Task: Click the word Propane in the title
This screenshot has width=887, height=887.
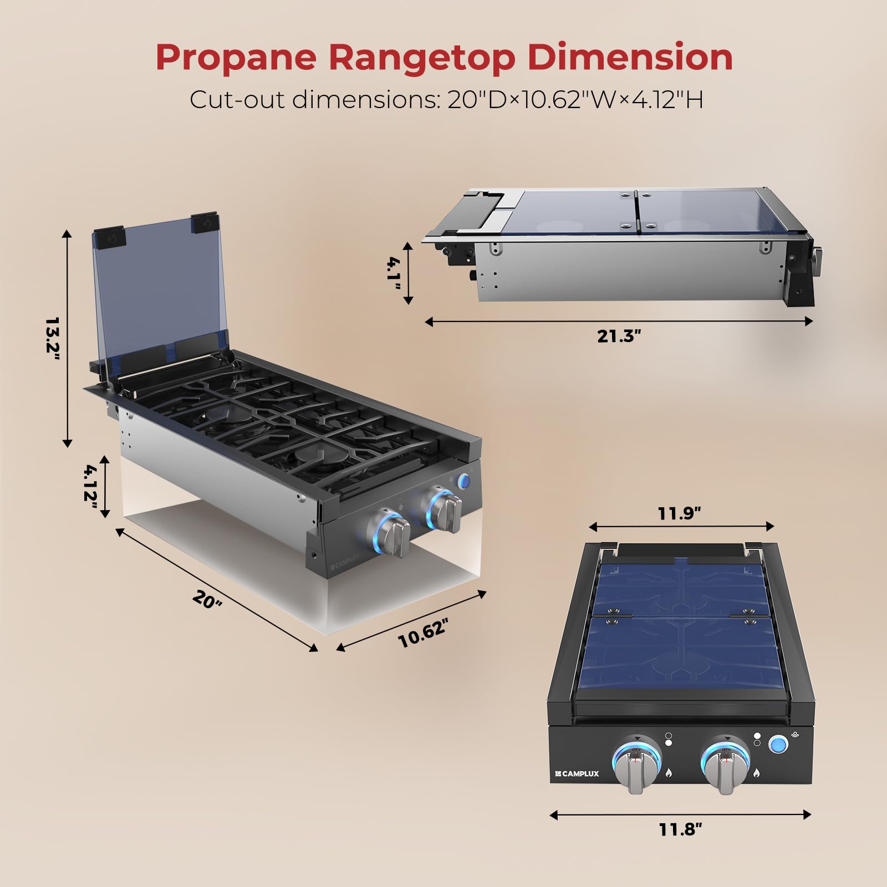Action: coord(236,58)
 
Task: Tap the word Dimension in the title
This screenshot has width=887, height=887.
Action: coord(630,57)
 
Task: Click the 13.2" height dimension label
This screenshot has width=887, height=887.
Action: coord(53,338)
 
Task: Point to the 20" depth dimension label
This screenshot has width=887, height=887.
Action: coord(207,599)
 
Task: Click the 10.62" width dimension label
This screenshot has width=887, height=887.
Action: coord(423,633)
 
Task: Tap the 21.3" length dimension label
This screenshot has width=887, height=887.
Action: coord(619,336)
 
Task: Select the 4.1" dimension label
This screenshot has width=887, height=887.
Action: coord(394,273)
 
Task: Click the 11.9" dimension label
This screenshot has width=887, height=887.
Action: coord(680,513)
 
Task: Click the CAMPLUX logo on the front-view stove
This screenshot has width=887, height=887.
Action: coord(578,773)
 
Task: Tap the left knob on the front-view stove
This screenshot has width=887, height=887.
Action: coord(636,766)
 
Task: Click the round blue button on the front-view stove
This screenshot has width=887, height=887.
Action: coord(778,744)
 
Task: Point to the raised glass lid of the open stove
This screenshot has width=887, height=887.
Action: coord(158,288)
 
